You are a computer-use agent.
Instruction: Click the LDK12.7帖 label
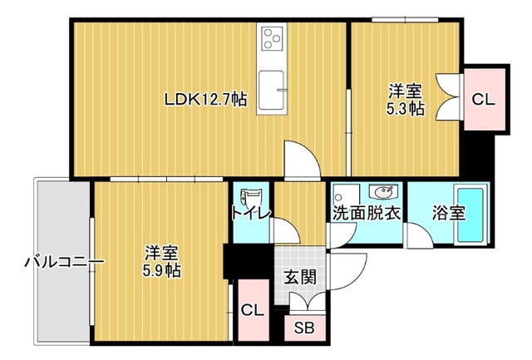205,100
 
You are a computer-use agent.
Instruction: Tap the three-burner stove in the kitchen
272,38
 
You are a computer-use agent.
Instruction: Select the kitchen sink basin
272,91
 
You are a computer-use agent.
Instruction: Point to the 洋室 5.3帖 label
406,100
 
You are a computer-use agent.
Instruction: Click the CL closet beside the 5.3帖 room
484,99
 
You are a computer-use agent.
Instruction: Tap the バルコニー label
64,262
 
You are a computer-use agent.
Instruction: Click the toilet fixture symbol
249,198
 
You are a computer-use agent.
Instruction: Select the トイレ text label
251,214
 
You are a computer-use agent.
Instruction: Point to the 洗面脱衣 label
367,213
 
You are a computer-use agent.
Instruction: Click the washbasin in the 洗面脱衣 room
384,192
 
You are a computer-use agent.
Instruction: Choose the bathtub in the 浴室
470,215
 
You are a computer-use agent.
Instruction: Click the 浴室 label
449,213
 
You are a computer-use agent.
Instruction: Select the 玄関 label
300,277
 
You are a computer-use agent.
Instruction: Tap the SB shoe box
305,328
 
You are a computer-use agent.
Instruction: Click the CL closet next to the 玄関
253,310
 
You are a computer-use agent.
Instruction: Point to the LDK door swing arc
303,159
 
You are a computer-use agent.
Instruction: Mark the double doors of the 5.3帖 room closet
448,96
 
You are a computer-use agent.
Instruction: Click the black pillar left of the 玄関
249,261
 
